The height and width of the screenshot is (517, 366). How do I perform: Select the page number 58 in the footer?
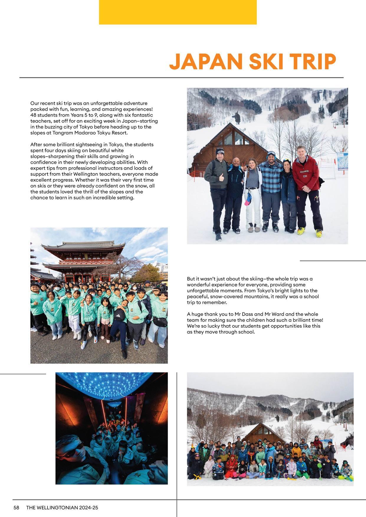tap(17, 508)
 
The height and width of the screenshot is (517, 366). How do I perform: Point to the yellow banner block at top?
tap(178, 12)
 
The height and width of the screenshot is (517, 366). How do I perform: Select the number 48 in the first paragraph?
tap(33, 115)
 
